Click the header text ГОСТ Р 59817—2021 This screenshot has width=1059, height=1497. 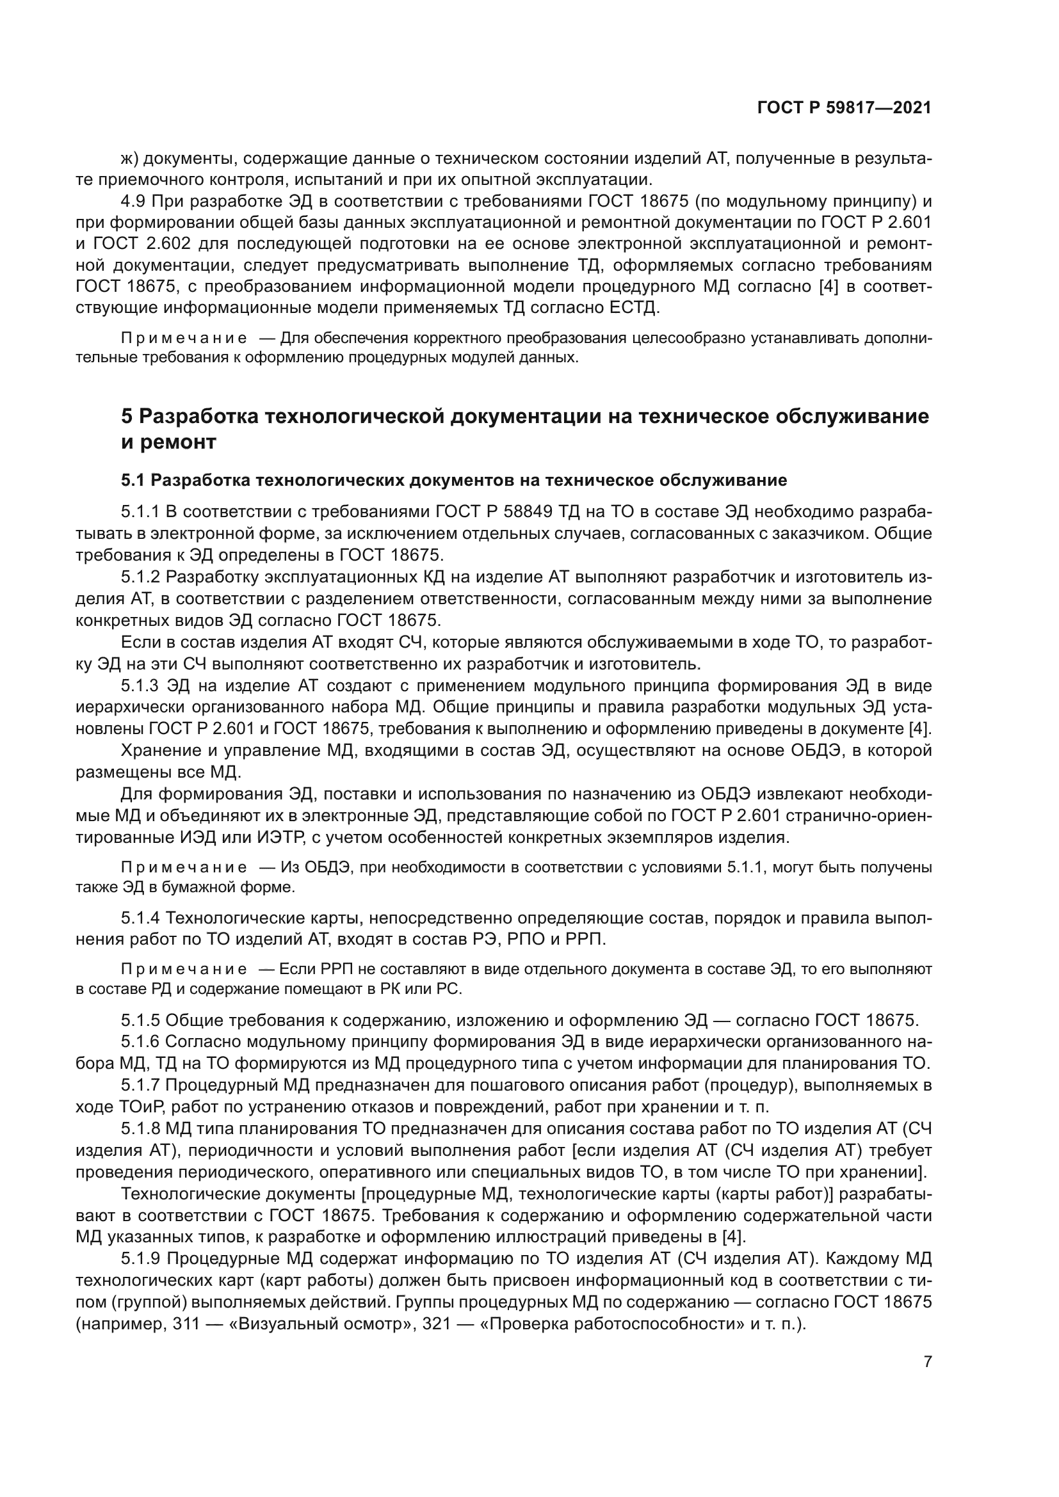point(844,108)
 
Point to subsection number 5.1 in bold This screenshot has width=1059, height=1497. point(133,481)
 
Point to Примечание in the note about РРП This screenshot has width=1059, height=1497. point(184,970)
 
